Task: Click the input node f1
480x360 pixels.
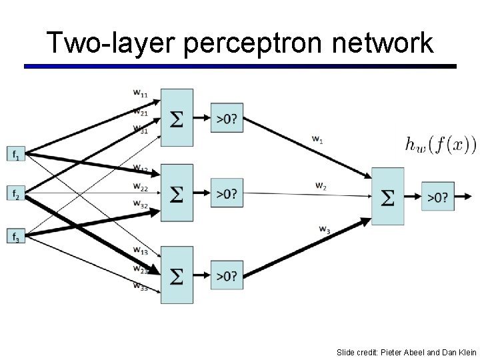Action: coord(16,155)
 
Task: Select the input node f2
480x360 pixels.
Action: coord(16,194)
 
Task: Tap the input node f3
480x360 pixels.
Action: coord(16,236)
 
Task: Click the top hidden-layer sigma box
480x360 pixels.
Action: coord(177,118)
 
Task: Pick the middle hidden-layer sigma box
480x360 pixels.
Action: coord(177,193)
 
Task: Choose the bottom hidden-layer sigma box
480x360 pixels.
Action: coord(177,275)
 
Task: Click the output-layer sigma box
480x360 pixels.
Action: coord(387,196)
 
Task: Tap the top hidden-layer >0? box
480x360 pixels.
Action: coord(227,118)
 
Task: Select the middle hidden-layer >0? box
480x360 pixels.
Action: coord(227,193)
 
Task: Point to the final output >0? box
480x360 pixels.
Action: coord(437,196)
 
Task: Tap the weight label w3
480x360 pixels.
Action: coord(324,229)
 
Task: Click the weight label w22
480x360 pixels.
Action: coord(140,186)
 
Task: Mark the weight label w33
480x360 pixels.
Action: coord(140,287)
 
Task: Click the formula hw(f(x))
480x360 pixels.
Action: coord(441,143)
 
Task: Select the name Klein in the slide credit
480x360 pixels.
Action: coord(465,351)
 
